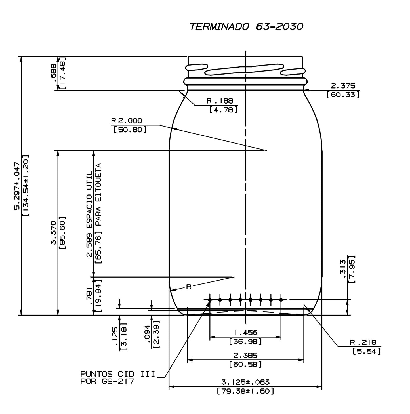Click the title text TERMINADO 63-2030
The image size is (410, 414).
[x=246, y=26]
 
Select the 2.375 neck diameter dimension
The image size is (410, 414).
[x=343, y=86]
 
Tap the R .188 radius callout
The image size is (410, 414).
[x=220, y=101]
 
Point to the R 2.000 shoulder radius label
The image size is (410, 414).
[x=127, y=121]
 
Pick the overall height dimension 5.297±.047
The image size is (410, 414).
[x=17, y=186]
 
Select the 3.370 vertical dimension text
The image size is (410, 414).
[x=53, y=233]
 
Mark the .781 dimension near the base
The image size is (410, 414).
[x=90, y=296]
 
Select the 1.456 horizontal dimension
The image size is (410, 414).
[x=245, y=332]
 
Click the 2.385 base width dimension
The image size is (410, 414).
[x=245, y=355]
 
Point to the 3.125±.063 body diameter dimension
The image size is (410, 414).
[x=245, y=382]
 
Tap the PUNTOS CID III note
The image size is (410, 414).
[x=118, y=374]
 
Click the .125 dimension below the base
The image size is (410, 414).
[x=115, y=336]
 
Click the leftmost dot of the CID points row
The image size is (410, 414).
[x=210, y=300]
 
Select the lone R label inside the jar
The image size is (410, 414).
[x=189, y=287]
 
